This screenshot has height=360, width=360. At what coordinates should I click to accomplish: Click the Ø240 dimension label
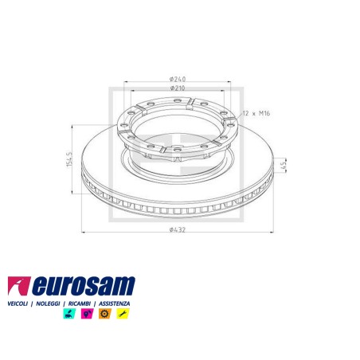coord(178,79)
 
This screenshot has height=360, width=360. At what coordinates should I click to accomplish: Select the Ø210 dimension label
coord(178,88)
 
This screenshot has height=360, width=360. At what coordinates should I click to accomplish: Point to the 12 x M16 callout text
coord(256,113)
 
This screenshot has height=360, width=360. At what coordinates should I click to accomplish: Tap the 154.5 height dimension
coord(69,159)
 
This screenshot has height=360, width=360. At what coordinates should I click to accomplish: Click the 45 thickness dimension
coord(284,166)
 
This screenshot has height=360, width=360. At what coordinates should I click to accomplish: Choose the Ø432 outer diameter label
coord(178,229)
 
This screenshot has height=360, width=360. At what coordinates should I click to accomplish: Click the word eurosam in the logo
coord(84,286)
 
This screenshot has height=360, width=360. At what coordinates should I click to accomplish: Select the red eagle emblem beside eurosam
coord(18,286)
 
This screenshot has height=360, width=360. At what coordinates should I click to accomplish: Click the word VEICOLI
coord(18,303)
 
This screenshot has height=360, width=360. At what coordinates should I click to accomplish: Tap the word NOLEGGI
coord(48,303)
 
